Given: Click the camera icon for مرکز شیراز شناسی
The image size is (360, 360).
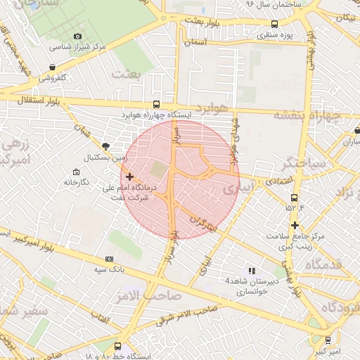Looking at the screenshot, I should click(x=77, y=37).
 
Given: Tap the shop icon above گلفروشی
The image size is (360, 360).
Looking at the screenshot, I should click(x=53, y=66).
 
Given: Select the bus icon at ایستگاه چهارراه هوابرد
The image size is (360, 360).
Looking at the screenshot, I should click(x=156, y=103).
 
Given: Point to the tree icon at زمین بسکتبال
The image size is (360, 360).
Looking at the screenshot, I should click(x=105, y=146).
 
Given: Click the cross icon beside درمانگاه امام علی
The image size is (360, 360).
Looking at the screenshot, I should click(x=129, y=176).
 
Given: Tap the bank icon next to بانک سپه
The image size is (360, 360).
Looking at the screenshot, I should click(x=108, y=259).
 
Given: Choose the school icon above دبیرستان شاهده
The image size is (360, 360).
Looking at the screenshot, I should click(x=252, y=270).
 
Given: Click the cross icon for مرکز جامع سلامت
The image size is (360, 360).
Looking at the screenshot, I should click(x=295, y=225).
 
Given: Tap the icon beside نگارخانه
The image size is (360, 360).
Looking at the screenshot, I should click(x=76, y=172).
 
